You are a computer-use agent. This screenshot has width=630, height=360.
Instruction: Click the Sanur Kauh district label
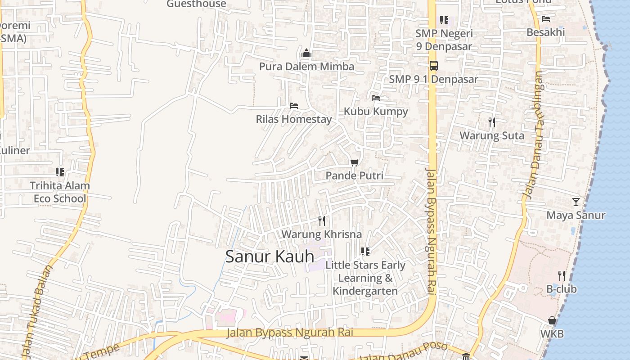tap(270, 256)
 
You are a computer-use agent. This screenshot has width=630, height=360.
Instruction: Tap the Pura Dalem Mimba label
tap(306, 67)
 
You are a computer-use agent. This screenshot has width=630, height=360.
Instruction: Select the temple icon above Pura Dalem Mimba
tap(306, 54)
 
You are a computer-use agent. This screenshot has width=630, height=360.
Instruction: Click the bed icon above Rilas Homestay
tap(294, 106)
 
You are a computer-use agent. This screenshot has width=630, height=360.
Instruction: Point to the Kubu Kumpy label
tap(376, 112)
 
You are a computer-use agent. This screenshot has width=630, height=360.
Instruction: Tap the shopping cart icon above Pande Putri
tap(355, 162)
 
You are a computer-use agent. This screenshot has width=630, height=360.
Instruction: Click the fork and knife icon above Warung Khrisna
tap(322, 220)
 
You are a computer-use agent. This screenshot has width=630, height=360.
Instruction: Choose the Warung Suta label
tap(492, 135)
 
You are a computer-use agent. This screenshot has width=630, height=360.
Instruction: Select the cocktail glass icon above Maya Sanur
tap(576, 202)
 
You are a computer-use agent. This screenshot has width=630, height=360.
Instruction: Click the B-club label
tap(562, 289)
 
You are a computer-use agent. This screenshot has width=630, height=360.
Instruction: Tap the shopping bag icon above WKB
tap(552, 321)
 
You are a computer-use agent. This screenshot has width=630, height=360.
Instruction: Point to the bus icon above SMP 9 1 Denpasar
tap(433, 66)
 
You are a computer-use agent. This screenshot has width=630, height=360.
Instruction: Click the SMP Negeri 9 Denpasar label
tap(444, 40)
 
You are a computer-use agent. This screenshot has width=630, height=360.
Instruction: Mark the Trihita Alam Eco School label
tap(60, 192)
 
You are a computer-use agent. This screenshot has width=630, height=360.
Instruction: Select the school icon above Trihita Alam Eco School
tap(60, 172)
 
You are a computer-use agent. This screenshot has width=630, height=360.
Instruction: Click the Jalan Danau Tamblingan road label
tap(534, 135)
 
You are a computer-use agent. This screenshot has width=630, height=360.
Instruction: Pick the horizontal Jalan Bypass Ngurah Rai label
tap(289, 333)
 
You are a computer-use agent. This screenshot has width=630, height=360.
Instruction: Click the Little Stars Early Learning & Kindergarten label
tap(365, 278)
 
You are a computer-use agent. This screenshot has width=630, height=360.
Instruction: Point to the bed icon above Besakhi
tap(546, 19)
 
